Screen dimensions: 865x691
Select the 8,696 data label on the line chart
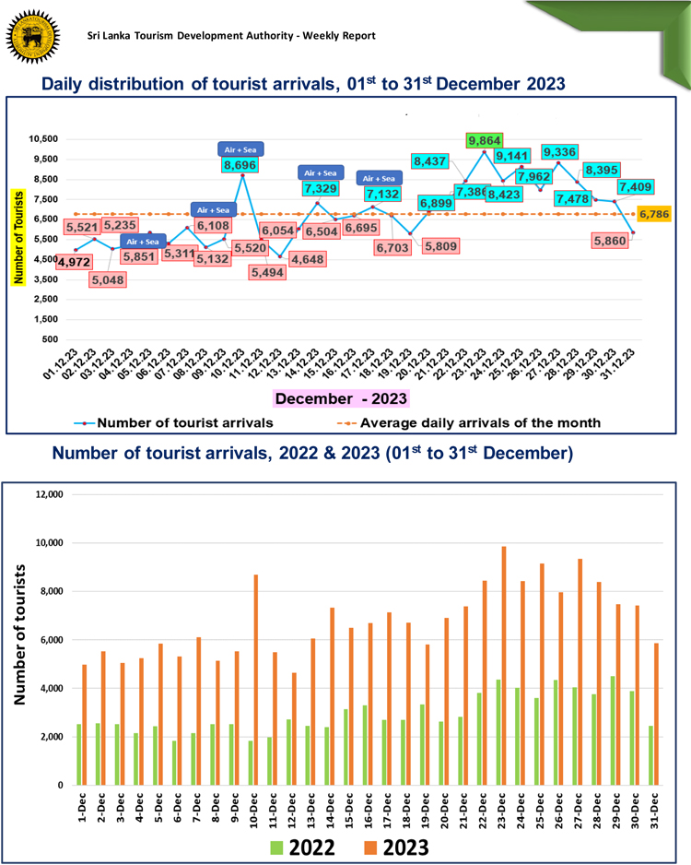coord(241,166)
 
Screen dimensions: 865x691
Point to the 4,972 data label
coord(75,262)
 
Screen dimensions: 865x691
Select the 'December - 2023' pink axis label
coord(343,398)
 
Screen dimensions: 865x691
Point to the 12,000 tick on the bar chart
coord(45,494)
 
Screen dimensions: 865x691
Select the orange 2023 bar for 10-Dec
coord(256,680)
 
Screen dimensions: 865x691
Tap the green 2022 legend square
coord(278,845)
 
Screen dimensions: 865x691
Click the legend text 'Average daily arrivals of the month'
coord(480,422)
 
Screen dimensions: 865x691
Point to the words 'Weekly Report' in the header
coord(340,36)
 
